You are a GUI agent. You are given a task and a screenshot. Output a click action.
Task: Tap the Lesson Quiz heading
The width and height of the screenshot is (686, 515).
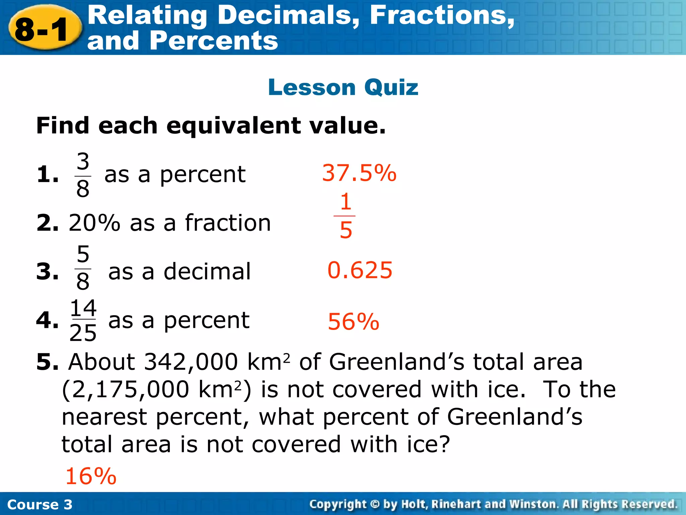343,87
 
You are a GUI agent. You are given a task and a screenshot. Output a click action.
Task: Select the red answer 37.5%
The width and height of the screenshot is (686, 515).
359,173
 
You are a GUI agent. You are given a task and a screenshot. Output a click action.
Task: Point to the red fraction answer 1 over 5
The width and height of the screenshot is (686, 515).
345,216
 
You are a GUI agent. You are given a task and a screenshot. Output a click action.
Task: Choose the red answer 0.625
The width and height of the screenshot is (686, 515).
360,270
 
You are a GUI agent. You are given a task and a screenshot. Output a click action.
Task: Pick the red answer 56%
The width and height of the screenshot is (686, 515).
353,322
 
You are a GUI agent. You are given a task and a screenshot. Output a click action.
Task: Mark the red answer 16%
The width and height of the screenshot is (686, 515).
91,476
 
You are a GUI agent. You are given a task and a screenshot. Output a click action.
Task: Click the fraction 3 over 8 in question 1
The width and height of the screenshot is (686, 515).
83,175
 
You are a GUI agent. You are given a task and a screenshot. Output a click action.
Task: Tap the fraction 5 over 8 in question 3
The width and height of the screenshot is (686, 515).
83,268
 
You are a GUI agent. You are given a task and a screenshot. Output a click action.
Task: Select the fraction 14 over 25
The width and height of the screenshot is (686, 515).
83,320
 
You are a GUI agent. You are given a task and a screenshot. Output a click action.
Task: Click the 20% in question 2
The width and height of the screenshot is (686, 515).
94,223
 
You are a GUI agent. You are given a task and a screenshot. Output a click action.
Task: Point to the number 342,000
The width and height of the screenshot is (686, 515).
191,362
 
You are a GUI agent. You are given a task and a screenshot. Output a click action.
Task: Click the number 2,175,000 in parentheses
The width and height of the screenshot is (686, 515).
130,390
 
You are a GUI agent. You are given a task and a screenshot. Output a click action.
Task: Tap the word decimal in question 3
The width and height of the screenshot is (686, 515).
207,271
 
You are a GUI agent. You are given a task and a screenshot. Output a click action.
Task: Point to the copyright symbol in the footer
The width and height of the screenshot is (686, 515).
375,504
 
